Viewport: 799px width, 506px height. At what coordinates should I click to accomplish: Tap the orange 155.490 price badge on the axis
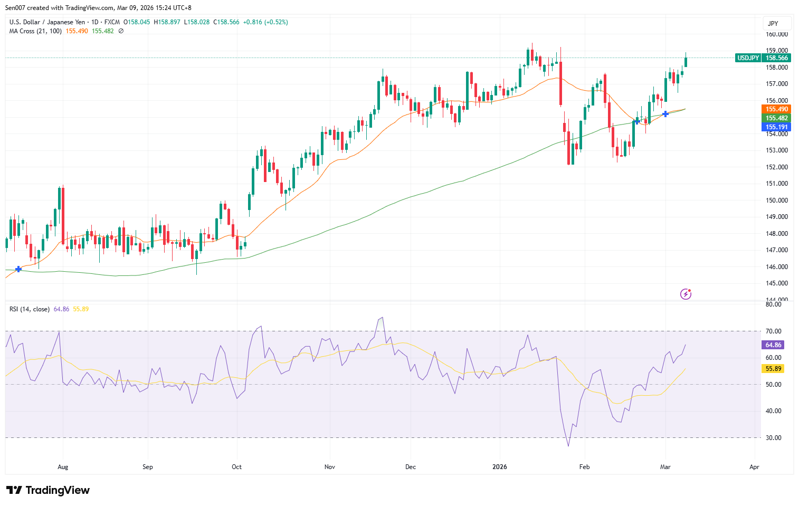776,109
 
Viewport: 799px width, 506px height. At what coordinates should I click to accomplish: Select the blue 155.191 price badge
776,127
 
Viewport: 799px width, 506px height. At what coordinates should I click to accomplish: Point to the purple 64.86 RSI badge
773,345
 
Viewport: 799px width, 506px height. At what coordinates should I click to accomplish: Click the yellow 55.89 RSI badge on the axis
773,369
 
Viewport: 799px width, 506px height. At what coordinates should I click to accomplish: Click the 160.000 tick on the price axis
777,34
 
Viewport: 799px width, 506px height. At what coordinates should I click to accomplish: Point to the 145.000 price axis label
777,283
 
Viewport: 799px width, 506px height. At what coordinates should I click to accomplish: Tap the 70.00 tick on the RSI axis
773,331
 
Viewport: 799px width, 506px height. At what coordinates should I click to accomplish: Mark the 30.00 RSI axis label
773,438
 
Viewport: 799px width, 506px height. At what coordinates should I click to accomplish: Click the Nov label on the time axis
330,467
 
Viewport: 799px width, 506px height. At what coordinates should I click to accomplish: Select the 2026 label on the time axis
499,467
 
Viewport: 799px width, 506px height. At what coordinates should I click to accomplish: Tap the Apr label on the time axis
754,467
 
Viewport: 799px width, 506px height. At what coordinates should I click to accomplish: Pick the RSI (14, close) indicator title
30,309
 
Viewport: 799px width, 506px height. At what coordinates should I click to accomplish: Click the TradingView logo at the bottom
48,490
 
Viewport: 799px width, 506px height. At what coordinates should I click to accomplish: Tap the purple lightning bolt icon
686,294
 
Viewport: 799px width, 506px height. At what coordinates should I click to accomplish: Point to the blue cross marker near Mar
665,114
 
